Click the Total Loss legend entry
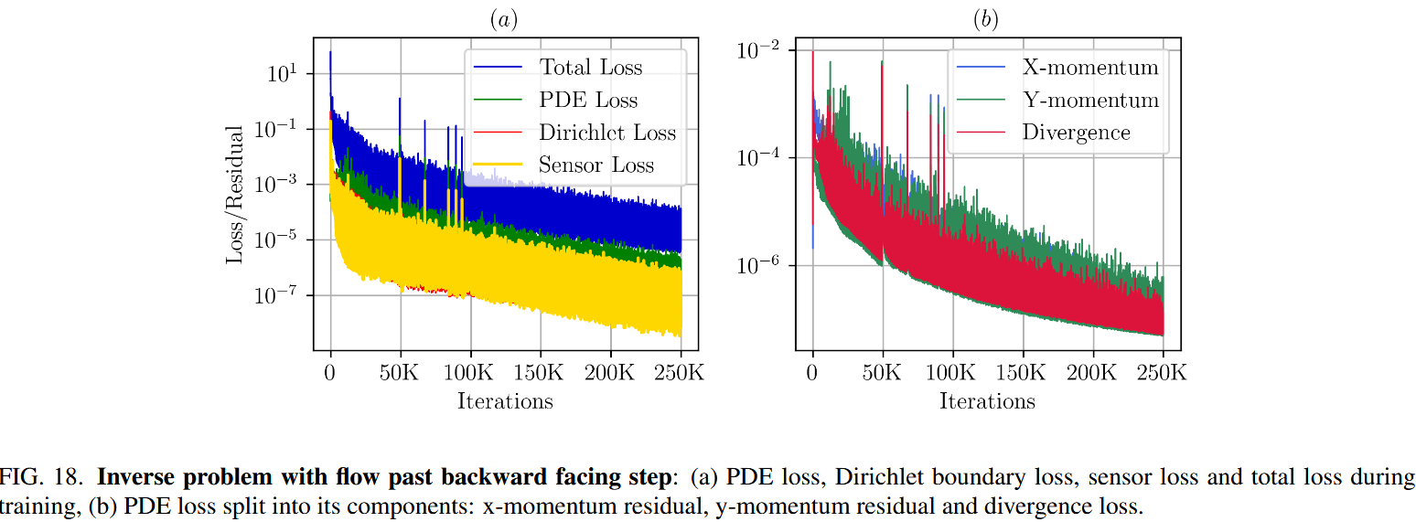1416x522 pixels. click(x=590, y=68)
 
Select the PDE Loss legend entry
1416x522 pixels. click(x=588, y=101)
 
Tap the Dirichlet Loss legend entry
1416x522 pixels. click(x=606, y=133)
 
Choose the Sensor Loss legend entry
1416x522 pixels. click(x=596, y=165)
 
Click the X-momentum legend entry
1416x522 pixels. click(x=1090, y=68)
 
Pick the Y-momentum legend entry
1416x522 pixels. click(x=1090, y=101)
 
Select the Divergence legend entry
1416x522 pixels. click(x=1076, y=133)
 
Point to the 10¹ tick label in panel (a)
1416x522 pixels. click(x=282, y=72)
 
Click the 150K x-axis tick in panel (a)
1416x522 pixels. click(x=539, y=373)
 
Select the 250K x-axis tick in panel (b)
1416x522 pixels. click(x=1163, y=373)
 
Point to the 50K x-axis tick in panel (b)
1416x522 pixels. click(x=883, y=373)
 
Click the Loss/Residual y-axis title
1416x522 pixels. click(x=236, y=195)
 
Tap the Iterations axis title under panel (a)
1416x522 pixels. click(x=505, y=400)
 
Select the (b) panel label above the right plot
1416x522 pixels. click(x=986, y=21)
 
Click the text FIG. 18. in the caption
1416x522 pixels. click(x=44, y=477)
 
